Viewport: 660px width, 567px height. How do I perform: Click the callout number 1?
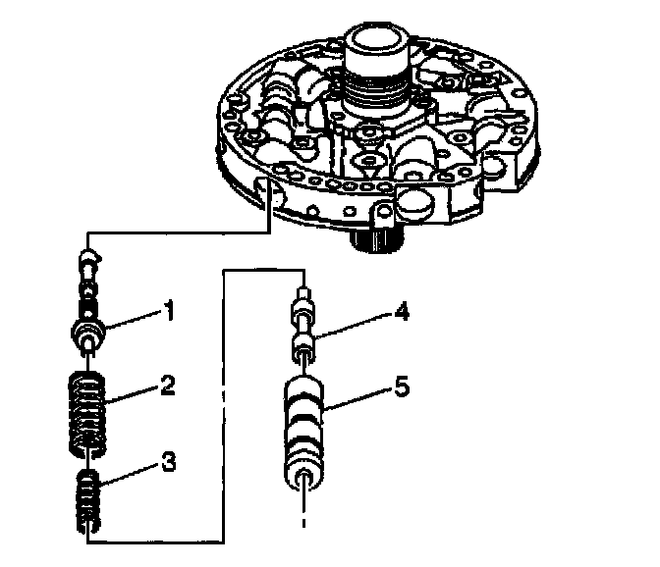170,314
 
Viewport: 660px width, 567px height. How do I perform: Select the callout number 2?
169,385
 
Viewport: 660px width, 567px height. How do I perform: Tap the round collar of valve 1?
91,330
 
